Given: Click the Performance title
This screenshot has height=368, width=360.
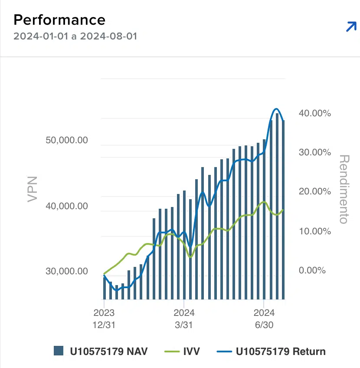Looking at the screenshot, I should pos(59,20).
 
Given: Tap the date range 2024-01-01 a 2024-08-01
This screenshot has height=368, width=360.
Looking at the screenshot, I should pos(75,36).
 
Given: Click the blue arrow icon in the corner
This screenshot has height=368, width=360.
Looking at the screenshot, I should pos(350,27).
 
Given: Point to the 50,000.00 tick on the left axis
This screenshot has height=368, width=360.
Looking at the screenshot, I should pos(67,141).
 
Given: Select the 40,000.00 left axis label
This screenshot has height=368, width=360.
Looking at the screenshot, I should pos(67,206).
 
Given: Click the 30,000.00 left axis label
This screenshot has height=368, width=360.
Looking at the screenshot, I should pos(67,271).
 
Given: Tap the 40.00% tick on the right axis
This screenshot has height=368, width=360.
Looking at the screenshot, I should pos(315,113).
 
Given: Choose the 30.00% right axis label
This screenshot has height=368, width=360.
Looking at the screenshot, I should pos(315,152).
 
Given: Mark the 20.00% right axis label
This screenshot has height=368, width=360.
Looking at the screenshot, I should pos(315,191).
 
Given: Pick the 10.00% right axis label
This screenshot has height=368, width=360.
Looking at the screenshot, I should pos(315,231).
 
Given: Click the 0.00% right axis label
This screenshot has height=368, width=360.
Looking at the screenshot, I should pos(312,270).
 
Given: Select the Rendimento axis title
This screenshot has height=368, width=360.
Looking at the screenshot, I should pos(344,189).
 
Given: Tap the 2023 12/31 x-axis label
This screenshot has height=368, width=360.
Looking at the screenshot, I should pos(104,319).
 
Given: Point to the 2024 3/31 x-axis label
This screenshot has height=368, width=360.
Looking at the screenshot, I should pos(184,319).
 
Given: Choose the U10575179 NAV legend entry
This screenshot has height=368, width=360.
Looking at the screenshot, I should pos(101,351).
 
